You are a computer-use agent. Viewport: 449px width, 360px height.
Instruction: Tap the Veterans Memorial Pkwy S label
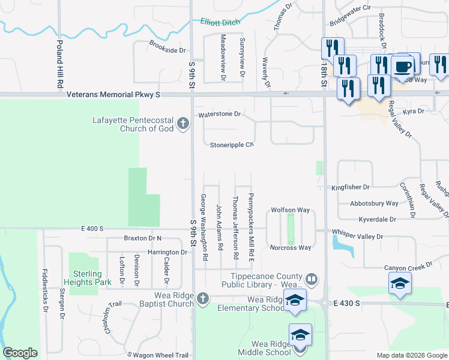click(113, 94)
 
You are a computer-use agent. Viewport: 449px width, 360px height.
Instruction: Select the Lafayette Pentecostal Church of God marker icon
click(183, 125)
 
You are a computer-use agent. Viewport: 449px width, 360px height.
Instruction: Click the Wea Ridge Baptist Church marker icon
click(203, 298)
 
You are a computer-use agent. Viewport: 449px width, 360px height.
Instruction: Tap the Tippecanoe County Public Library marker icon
click(312, 279)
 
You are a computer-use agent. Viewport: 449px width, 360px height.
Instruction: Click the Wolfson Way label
click(290, 210)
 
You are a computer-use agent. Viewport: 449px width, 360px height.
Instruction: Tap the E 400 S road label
click(92, 229)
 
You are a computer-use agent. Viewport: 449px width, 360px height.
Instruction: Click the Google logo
click(20, 353)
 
